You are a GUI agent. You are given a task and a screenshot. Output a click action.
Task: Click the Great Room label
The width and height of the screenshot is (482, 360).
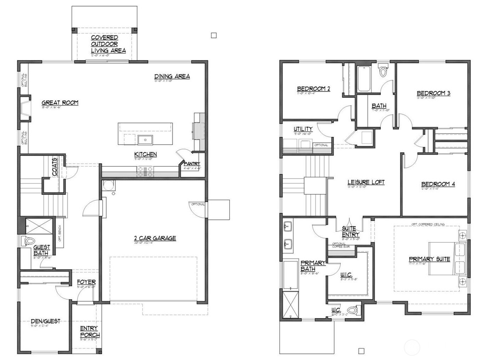click(x=60, y=103)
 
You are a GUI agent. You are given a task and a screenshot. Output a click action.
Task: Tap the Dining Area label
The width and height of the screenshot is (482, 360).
click(x=172, y=76)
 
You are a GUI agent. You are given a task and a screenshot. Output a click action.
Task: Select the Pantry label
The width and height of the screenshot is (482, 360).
click(x=192, y=164)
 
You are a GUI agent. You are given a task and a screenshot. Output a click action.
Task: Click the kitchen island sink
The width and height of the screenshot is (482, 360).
click(x=145, y=140)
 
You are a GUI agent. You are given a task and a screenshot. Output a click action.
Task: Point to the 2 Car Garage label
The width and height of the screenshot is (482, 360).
click(x=155, y=238)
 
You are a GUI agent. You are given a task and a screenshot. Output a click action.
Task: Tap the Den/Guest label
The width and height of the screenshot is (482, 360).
click(x=45, y=321)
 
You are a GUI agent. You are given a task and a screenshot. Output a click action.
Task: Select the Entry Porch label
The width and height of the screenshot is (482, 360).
click(x=90, y=332)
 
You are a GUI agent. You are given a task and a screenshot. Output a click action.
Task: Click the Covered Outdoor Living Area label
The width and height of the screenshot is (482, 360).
click(x=108, y=44)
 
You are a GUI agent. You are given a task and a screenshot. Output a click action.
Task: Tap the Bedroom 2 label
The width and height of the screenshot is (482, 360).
click(x=313, y=89)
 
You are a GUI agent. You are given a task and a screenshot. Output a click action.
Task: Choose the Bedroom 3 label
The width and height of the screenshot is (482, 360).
click(x=433, y=93)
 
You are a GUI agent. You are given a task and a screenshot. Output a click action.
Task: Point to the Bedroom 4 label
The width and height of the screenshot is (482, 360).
click(x=438, y=184)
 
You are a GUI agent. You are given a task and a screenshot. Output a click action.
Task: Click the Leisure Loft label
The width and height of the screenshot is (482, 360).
click(x=366, y=182)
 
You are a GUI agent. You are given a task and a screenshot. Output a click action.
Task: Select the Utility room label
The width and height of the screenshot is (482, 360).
click(x=303, y=129)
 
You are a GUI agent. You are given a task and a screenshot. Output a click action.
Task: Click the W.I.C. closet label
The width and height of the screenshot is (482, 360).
click(x=346, y=275)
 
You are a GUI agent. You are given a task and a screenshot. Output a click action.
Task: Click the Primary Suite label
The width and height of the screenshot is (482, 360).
click(x=429, y=259)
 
